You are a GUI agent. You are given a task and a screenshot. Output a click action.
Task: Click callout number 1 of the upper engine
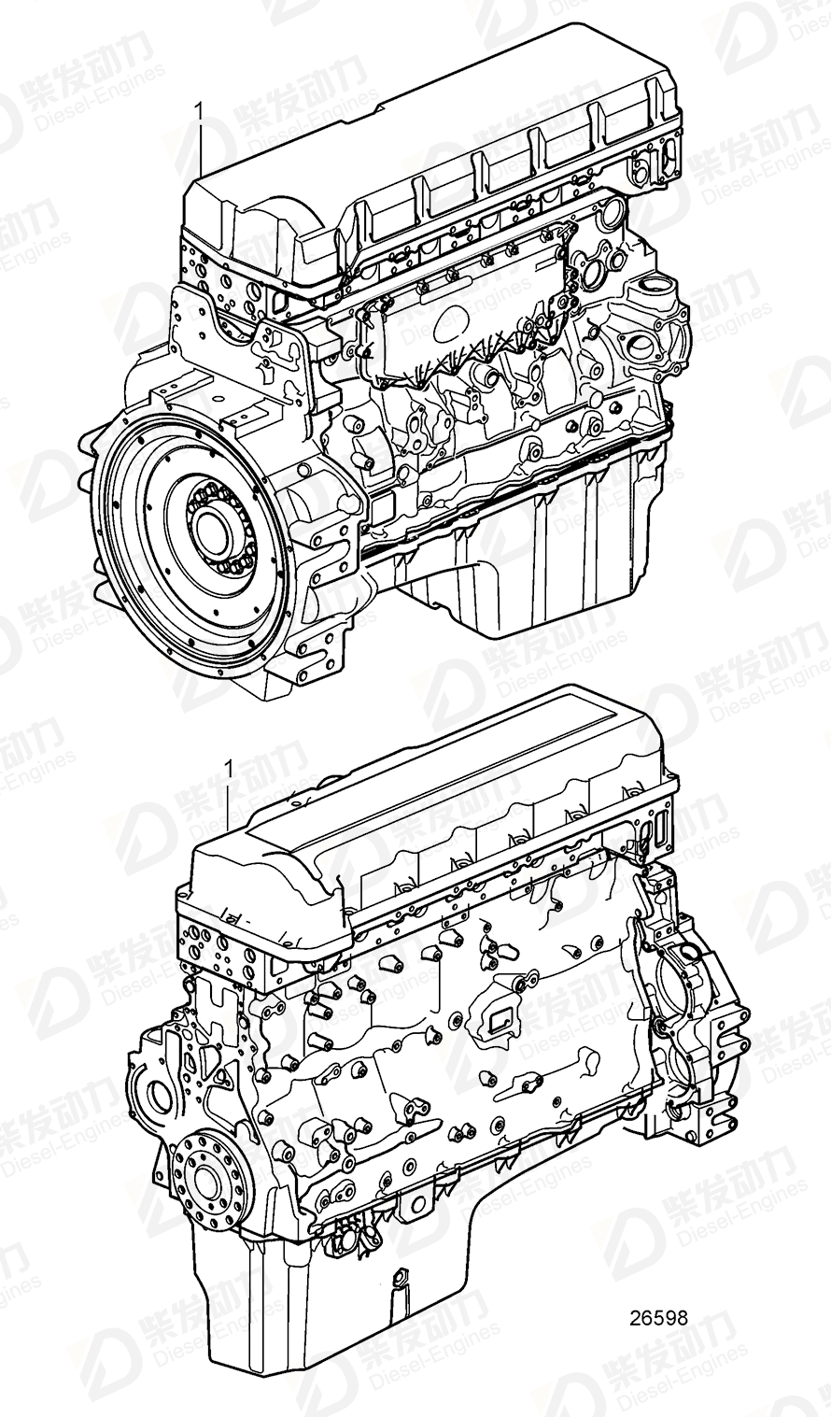pyautogui.click(x=198, y=111)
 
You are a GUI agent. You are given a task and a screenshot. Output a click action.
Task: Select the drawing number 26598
pyautogui.click(x=658, y=1318)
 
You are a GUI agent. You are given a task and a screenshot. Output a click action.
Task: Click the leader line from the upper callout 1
pyautogui.click(x=201, y=149)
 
